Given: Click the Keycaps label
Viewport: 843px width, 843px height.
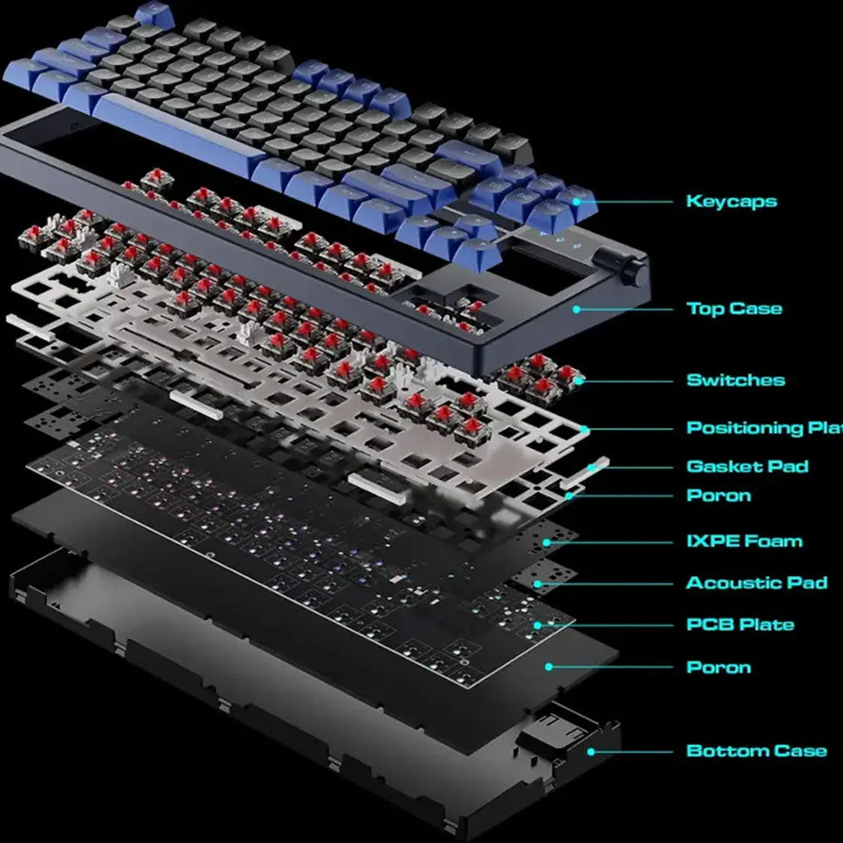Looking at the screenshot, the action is pyautogui.click(x=732, y=201).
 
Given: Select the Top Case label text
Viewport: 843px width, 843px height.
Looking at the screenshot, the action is pyautogui.click(x=734, y=309).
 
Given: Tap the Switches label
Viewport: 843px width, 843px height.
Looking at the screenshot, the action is pyautogui.click(x=736, y=380).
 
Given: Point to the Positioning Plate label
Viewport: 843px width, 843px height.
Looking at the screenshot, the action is pyautogui.click(x=765, y=428).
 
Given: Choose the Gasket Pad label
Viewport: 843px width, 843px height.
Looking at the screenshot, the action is pyautogui.click(x=748, y=466).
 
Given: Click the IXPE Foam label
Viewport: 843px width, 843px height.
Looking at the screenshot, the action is pyautogui.click(x=744, y=541).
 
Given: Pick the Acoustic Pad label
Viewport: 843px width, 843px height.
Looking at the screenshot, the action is pyautogui.click(x=757, y=583).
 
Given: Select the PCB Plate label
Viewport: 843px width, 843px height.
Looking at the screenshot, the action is pyautogui.click(x=740, y=625).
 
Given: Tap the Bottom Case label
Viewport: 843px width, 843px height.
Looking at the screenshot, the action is pyautogui.click(x=757, y=750).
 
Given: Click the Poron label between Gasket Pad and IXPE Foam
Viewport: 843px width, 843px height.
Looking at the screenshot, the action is pyautogui.click(x=719, y=495).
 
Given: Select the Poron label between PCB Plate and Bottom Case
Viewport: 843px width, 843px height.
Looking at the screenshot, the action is pyautogui.click(x=719, y=667).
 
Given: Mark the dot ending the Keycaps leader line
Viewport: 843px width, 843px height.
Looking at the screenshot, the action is pyautogui.click(x=577, y=202).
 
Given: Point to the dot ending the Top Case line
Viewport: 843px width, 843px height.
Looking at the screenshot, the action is pyautogui.click(x=577, y=309).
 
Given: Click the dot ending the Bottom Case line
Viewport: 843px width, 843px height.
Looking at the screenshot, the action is pyautogui.click(x=591, y=752).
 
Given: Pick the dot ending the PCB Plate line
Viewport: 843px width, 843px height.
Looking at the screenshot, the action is pyautogui.click(x=537, y=626).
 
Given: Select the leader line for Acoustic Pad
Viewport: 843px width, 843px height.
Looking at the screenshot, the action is pyautogui.click(x=604, y=584).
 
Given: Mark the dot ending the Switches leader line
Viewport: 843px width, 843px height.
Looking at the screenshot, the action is pyautogui.click(x=580, y=381).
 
